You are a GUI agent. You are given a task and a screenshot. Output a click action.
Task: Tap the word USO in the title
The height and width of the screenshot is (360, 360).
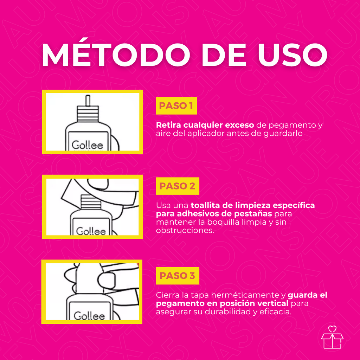click(293, 55)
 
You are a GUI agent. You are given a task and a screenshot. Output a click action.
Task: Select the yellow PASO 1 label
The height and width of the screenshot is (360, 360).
click(176, 105)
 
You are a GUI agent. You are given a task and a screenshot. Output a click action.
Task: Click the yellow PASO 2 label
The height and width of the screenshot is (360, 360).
click(178, 186)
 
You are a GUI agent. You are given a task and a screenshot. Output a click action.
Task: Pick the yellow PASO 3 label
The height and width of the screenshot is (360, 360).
click(178, 276)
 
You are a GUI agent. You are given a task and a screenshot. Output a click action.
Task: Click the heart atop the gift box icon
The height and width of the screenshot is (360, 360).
click(332, 329)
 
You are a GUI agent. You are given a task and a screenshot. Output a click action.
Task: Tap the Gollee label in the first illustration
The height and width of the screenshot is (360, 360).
click(88, 145)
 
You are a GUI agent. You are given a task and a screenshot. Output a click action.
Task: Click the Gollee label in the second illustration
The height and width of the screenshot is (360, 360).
click(91, 231)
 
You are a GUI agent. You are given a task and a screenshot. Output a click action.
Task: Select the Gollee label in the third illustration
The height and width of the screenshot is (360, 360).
click(89, 316)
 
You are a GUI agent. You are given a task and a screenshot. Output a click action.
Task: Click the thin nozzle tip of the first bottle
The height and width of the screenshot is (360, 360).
click(88, 101)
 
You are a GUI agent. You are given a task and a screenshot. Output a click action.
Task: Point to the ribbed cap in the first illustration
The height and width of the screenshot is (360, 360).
click(88, 114)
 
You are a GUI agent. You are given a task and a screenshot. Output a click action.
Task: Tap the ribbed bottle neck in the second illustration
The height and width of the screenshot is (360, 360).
click(91, 202)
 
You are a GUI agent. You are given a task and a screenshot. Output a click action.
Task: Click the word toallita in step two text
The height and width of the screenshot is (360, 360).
click(205, 205)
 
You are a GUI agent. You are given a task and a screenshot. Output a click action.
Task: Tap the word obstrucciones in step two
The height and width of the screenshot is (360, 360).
click(185, 230)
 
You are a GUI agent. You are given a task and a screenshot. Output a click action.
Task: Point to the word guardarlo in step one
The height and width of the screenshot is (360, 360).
click(283, 134)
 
